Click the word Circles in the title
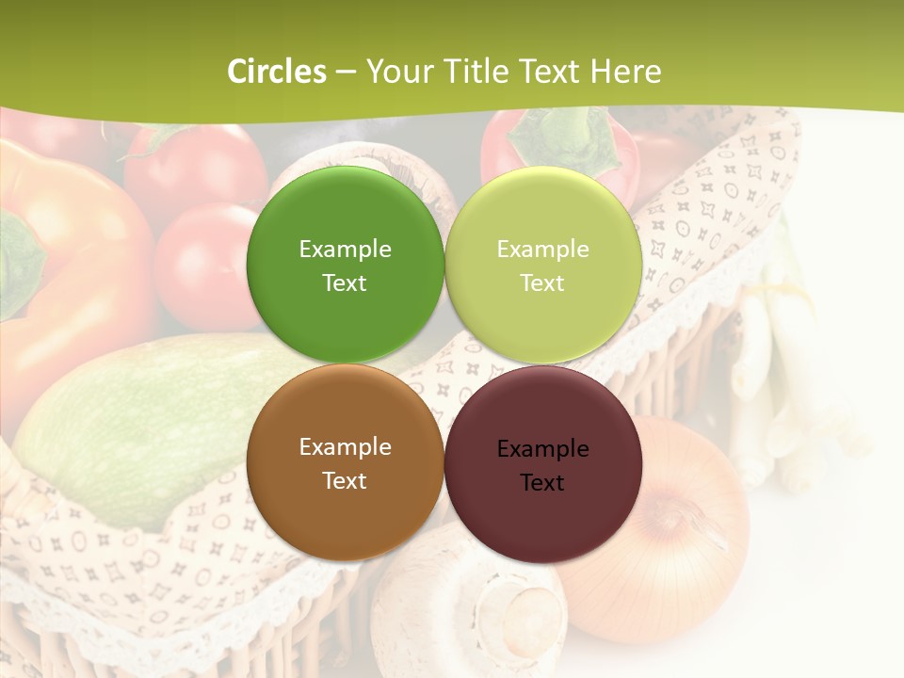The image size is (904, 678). click(276, 72)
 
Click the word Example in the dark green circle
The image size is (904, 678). click(345, 250)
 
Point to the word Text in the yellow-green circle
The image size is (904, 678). click(542, 283)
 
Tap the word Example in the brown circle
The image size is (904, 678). click(345, 447)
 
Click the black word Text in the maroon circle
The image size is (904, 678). click(542, 483)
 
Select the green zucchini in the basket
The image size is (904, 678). click(141, 424)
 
